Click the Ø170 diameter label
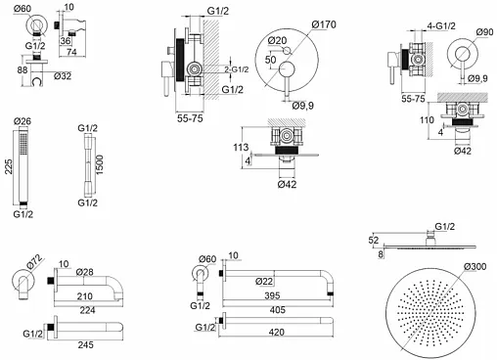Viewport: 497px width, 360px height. (324, 24)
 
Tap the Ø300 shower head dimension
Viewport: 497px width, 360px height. (475, 267)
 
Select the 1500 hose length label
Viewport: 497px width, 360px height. (100, 165)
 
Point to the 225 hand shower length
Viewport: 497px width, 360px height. (9, 166)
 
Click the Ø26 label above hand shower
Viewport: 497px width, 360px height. (23, 121)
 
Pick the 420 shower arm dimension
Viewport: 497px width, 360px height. (277, 333)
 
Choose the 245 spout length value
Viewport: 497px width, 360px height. (85, 344)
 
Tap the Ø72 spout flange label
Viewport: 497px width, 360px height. (34, 262)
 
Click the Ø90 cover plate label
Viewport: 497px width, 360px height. (484, 32)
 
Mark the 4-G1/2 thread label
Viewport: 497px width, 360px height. (441, 26)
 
